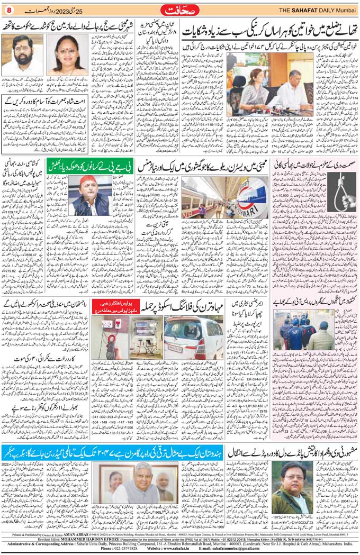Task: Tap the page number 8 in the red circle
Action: (x=8, y=10)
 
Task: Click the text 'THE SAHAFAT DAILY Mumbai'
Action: (x=317, y=11)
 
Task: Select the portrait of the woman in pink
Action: (x=68, y=55)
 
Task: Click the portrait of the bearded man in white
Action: (x=22, y=55)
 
